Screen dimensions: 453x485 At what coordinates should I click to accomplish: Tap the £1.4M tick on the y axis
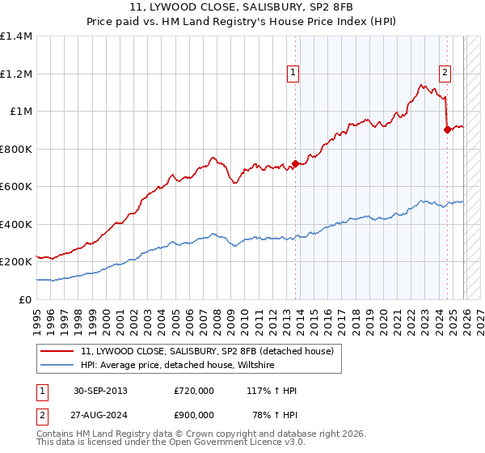(16, 36)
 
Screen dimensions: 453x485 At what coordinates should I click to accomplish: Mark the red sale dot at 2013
(295, 163)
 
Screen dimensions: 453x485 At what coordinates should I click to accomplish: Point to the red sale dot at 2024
(447, 129)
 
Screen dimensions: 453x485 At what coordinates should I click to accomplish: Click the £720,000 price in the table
(193, 391)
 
